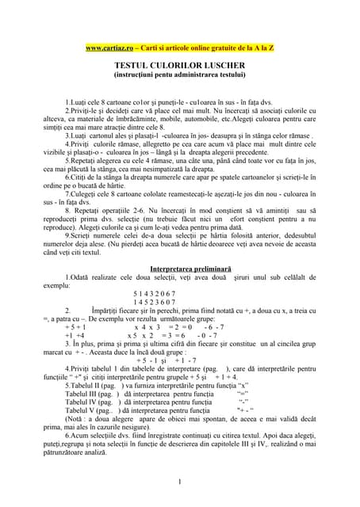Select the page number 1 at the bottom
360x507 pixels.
181,482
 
